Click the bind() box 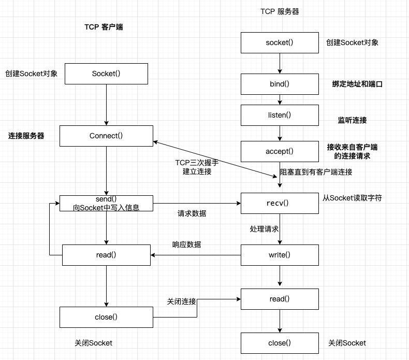(x=280, y=84)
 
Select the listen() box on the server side (x=280, y=115)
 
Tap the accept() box (x=280, y=151)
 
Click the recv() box (x=280, y=203)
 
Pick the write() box (x=280, y=254)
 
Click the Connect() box (x=106, y=136)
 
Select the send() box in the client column (x=106, y=203)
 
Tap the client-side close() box (x=106, y=317)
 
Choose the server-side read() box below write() (x=280, y=299)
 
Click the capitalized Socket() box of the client (x=106, y=74)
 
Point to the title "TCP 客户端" (x=104, y=27)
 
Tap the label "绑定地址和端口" (x=357, y=84)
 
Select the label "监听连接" (x=352, y=120)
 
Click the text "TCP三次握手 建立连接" (x=197, y=167)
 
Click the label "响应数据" (x=187, y=244)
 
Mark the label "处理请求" (x=264, y=228)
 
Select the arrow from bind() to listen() (x=280, y=99)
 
